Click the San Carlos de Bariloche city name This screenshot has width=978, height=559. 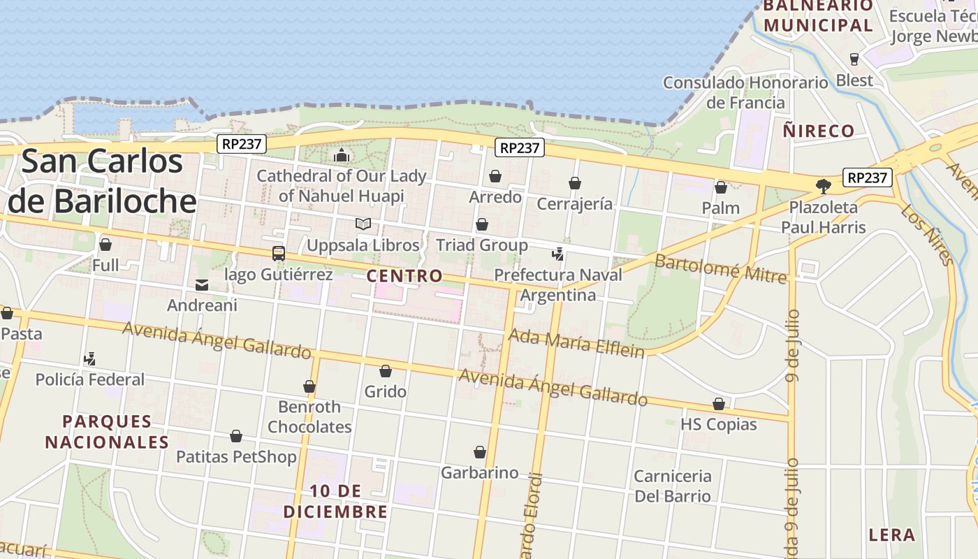[x=102, y=181]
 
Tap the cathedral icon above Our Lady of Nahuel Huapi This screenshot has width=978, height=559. [x=342, y=154]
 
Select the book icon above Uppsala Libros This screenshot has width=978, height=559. [x=363, y=224]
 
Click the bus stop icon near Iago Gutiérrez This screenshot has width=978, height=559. [x=278, y=253]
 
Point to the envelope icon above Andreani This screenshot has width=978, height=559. [x=202, y=284]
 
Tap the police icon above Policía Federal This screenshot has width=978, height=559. [x=89, y=359]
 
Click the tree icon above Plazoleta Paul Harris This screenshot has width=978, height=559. [x=823, y=186]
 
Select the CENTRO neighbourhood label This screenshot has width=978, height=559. [x=404, y=276]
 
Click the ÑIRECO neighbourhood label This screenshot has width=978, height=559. [x=819, y=131]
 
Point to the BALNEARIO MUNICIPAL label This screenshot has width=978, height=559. [x=818, y=15]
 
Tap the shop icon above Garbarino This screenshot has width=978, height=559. [x=479, y=452]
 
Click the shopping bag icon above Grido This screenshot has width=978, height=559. [x=385, y=371]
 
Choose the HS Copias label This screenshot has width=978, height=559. [x=718, y=424]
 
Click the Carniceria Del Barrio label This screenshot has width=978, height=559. [x=672, y=486]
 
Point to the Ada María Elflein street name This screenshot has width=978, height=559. [x=576, y=343]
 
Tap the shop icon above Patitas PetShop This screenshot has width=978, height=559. [x=236, y=436]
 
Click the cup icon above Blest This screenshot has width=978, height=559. [x=854, y=59]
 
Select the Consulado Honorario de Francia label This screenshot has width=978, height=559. [x=745, y=92]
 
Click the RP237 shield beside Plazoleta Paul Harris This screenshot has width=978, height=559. [x=867, y=177]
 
